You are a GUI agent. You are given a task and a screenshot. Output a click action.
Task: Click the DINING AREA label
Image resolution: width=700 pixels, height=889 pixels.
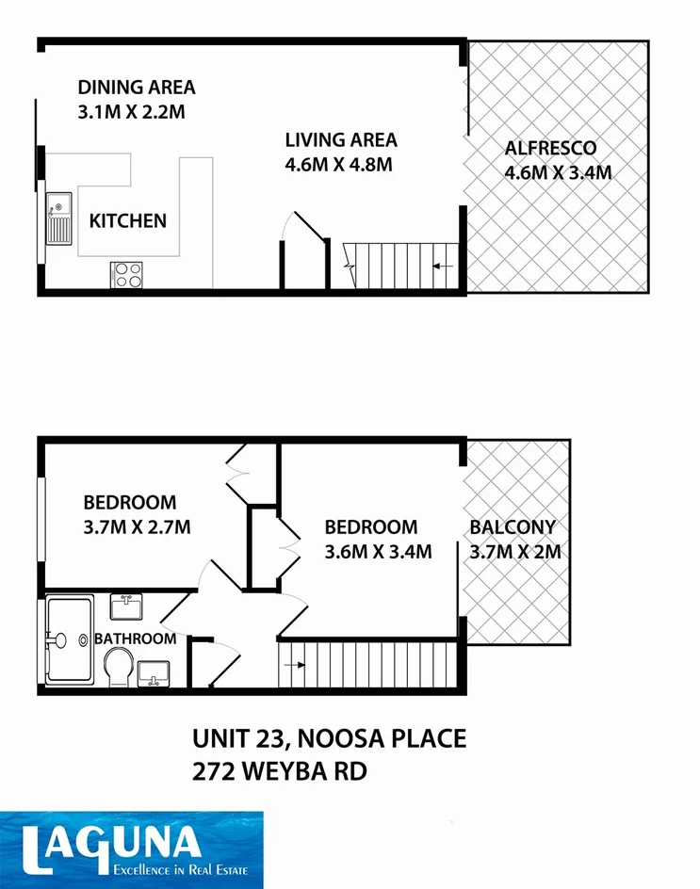point(137,88)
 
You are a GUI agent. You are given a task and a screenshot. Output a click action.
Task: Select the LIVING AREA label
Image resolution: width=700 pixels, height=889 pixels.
point(341,140)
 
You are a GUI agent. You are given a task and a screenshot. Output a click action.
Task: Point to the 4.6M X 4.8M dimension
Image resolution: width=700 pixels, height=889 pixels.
point(338,165)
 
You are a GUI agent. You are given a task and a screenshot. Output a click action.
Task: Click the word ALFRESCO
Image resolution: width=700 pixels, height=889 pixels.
point(552,148)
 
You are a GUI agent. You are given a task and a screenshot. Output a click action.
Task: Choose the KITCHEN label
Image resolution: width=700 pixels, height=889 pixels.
point(128,221)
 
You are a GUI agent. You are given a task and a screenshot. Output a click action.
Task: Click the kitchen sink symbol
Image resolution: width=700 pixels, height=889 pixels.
point(58,217)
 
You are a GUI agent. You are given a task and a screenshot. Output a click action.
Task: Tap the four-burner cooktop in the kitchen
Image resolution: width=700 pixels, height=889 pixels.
point(128,274)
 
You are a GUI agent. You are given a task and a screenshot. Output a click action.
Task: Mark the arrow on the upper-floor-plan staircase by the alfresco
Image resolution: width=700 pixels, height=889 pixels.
point(438,267)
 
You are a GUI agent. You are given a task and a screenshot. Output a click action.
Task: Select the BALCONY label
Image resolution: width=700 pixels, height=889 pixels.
point(513,527)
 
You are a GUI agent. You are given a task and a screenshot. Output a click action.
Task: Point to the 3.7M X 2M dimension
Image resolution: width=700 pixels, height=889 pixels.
point(515,552)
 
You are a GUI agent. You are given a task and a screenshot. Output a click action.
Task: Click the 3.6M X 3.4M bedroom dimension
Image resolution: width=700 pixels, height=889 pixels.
point(378,552)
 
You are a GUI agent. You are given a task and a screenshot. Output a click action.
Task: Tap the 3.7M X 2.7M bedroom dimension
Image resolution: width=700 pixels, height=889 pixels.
point(137,527)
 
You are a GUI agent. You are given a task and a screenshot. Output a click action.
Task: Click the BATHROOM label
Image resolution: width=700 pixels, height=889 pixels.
point(135,638)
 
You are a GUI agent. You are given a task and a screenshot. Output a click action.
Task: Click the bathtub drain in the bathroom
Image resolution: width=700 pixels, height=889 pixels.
point(59,640)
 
